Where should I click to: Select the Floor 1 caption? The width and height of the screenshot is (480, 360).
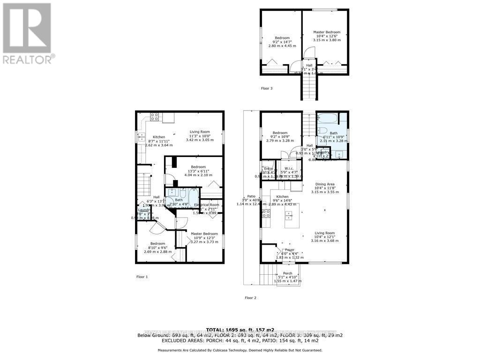pyautogui.click(x=142, y=277)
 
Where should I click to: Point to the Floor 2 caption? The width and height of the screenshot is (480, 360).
pyautogui.click(x=251, y=298)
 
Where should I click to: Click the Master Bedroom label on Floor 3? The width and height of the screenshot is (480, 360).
pyautogui.click(x=327, y=32)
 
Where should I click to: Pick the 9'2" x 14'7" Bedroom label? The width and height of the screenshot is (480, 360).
pyautogui.click(x=282, y=38)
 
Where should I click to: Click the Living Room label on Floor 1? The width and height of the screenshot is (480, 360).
pyautogui.click(x=200, y=132)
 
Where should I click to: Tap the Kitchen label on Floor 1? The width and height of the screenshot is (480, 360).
pyautogui.click(x=159, y=137)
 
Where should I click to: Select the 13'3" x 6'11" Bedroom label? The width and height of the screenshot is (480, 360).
pyautogui.click(x=198, y=167)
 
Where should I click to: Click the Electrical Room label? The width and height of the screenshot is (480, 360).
pyautogui.click(x=207, y=205)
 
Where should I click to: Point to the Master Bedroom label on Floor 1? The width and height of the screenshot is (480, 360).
pyautogui.click(x=204, y=233)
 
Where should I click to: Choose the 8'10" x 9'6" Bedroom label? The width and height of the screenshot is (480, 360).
pyautogui.click(x=157, y=244)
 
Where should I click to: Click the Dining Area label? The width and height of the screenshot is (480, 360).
pyautogui.click(x=324, y=185)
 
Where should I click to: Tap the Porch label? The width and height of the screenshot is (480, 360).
pyautogui.click(x=287, y=274)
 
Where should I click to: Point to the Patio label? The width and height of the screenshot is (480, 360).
pyautogui.click(x=251, y=196)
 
